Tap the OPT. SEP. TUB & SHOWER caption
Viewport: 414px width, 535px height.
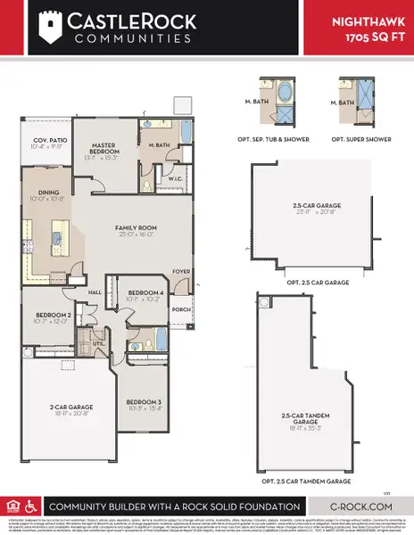pos(278,139)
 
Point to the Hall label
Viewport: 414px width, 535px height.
pos(95,291)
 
